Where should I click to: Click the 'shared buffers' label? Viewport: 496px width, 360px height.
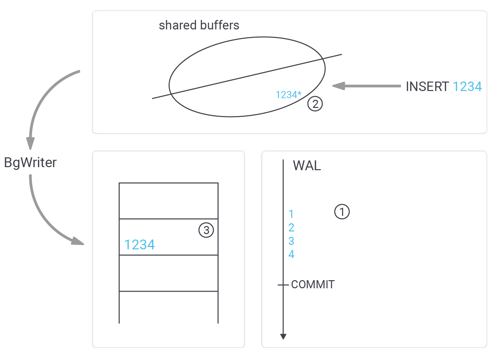coord(199,25)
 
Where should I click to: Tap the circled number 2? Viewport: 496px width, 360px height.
coord(315,104)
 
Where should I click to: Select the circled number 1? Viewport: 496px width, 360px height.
coord(342,212)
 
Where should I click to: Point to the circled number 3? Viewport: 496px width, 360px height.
coord(206,230)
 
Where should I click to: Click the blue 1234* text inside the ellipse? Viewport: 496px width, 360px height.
coord(288,95)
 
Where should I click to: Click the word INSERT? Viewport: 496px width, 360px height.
coord(427,87)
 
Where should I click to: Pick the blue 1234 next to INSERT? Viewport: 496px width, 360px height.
coord(467,87)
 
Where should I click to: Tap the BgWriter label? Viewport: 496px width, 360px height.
coord(30,163)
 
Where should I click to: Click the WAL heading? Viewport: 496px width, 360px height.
coord(307,166)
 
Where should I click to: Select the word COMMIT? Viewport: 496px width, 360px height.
coord(313,285)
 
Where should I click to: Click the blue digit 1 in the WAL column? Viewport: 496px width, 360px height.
coord(291,214)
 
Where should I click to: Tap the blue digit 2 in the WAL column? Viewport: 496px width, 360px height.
coord(291,227)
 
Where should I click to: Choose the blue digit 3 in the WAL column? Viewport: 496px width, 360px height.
coord(291,241)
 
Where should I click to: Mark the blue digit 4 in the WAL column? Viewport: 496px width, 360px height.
coord(291,254)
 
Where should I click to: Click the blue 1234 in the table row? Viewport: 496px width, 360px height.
coord(139,245)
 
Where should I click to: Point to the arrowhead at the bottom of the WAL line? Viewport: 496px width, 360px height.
coord(284,336)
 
